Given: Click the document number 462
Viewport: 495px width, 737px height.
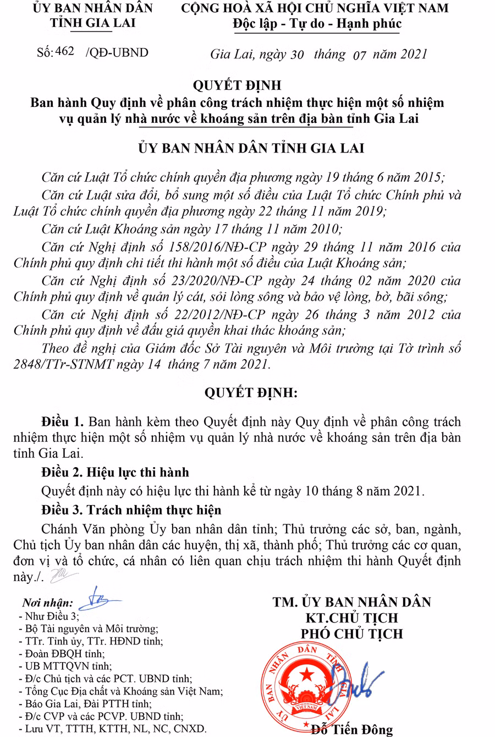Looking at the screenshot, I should tap(65, 52).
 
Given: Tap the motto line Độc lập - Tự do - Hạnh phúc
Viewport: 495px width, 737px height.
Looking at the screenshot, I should tap(317, 24).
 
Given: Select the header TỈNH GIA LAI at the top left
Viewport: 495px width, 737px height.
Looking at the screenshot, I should tap(92, 23).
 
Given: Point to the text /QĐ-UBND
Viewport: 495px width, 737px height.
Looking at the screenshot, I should tap(117, 52).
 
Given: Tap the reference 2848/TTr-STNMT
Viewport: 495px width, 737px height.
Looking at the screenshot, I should tap(64, 365).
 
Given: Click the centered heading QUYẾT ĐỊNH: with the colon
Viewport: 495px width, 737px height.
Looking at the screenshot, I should tap(251, 393).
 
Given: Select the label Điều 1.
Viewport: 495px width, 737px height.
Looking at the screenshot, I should tap(63, 422).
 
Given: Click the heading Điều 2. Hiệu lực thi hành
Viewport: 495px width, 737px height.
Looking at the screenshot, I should tap(115, 472).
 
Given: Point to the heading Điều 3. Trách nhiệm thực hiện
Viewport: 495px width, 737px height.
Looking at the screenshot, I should tap(131, 510).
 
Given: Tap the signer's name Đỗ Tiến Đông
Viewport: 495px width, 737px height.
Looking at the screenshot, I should tap(352, 730).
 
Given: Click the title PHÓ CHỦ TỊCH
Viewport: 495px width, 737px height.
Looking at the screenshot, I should tap(352, 634).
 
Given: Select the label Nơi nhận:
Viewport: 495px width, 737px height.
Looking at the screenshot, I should tap(48, 603).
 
